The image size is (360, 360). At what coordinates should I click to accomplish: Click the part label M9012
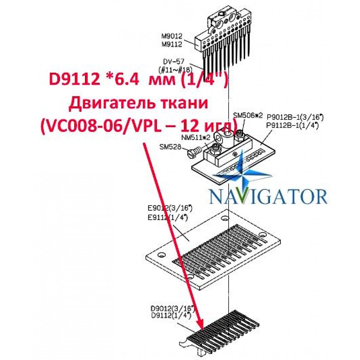click(x=172, y=36)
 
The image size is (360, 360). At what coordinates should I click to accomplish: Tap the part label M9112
click(x=172, y=44)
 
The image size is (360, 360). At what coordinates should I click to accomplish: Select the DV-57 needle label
click(x=174, y=62)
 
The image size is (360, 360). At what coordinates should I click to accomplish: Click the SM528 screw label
click(x=170, y=147)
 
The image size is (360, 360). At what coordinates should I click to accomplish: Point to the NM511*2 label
click(x=196, y=137)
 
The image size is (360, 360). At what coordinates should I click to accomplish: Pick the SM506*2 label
click(x=248, y=115)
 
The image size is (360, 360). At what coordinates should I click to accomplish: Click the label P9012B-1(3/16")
click(x=295, y=118)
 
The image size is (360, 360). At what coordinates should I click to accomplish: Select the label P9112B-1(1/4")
click(x=292, y=126)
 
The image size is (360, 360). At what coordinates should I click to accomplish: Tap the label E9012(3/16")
click(x=170, y=208)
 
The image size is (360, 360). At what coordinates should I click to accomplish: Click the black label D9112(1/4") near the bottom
click(x=171, y=315)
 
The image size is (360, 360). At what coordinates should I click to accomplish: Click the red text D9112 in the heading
click(x=75, y=80)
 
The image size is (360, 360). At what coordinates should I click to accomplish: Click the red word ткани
click(x=185, y=103)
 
